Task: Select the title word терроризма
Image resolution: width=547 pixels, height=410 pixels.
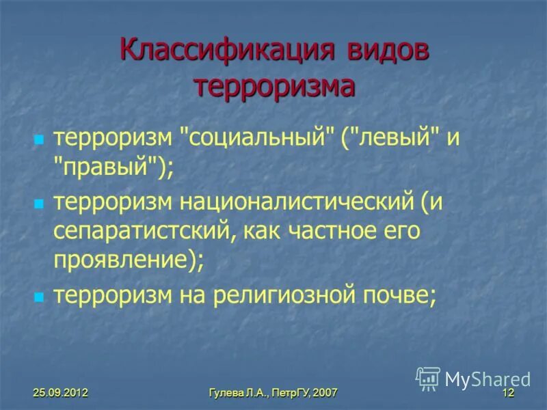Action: (274, 87)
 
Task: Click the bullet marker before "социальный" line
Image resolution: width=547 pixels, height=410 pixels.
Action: (39, 140)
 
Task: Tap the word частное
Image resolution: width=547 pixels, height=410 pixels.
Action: (341, 232)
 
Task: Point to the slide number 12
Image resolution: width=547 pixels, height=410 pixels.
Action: (507, 393)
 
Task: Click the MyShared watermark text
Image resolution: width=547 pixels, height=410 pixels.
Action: (488, 379)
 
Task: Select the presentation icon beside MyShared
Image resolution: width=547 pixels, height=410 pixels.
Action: (428, 378)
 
